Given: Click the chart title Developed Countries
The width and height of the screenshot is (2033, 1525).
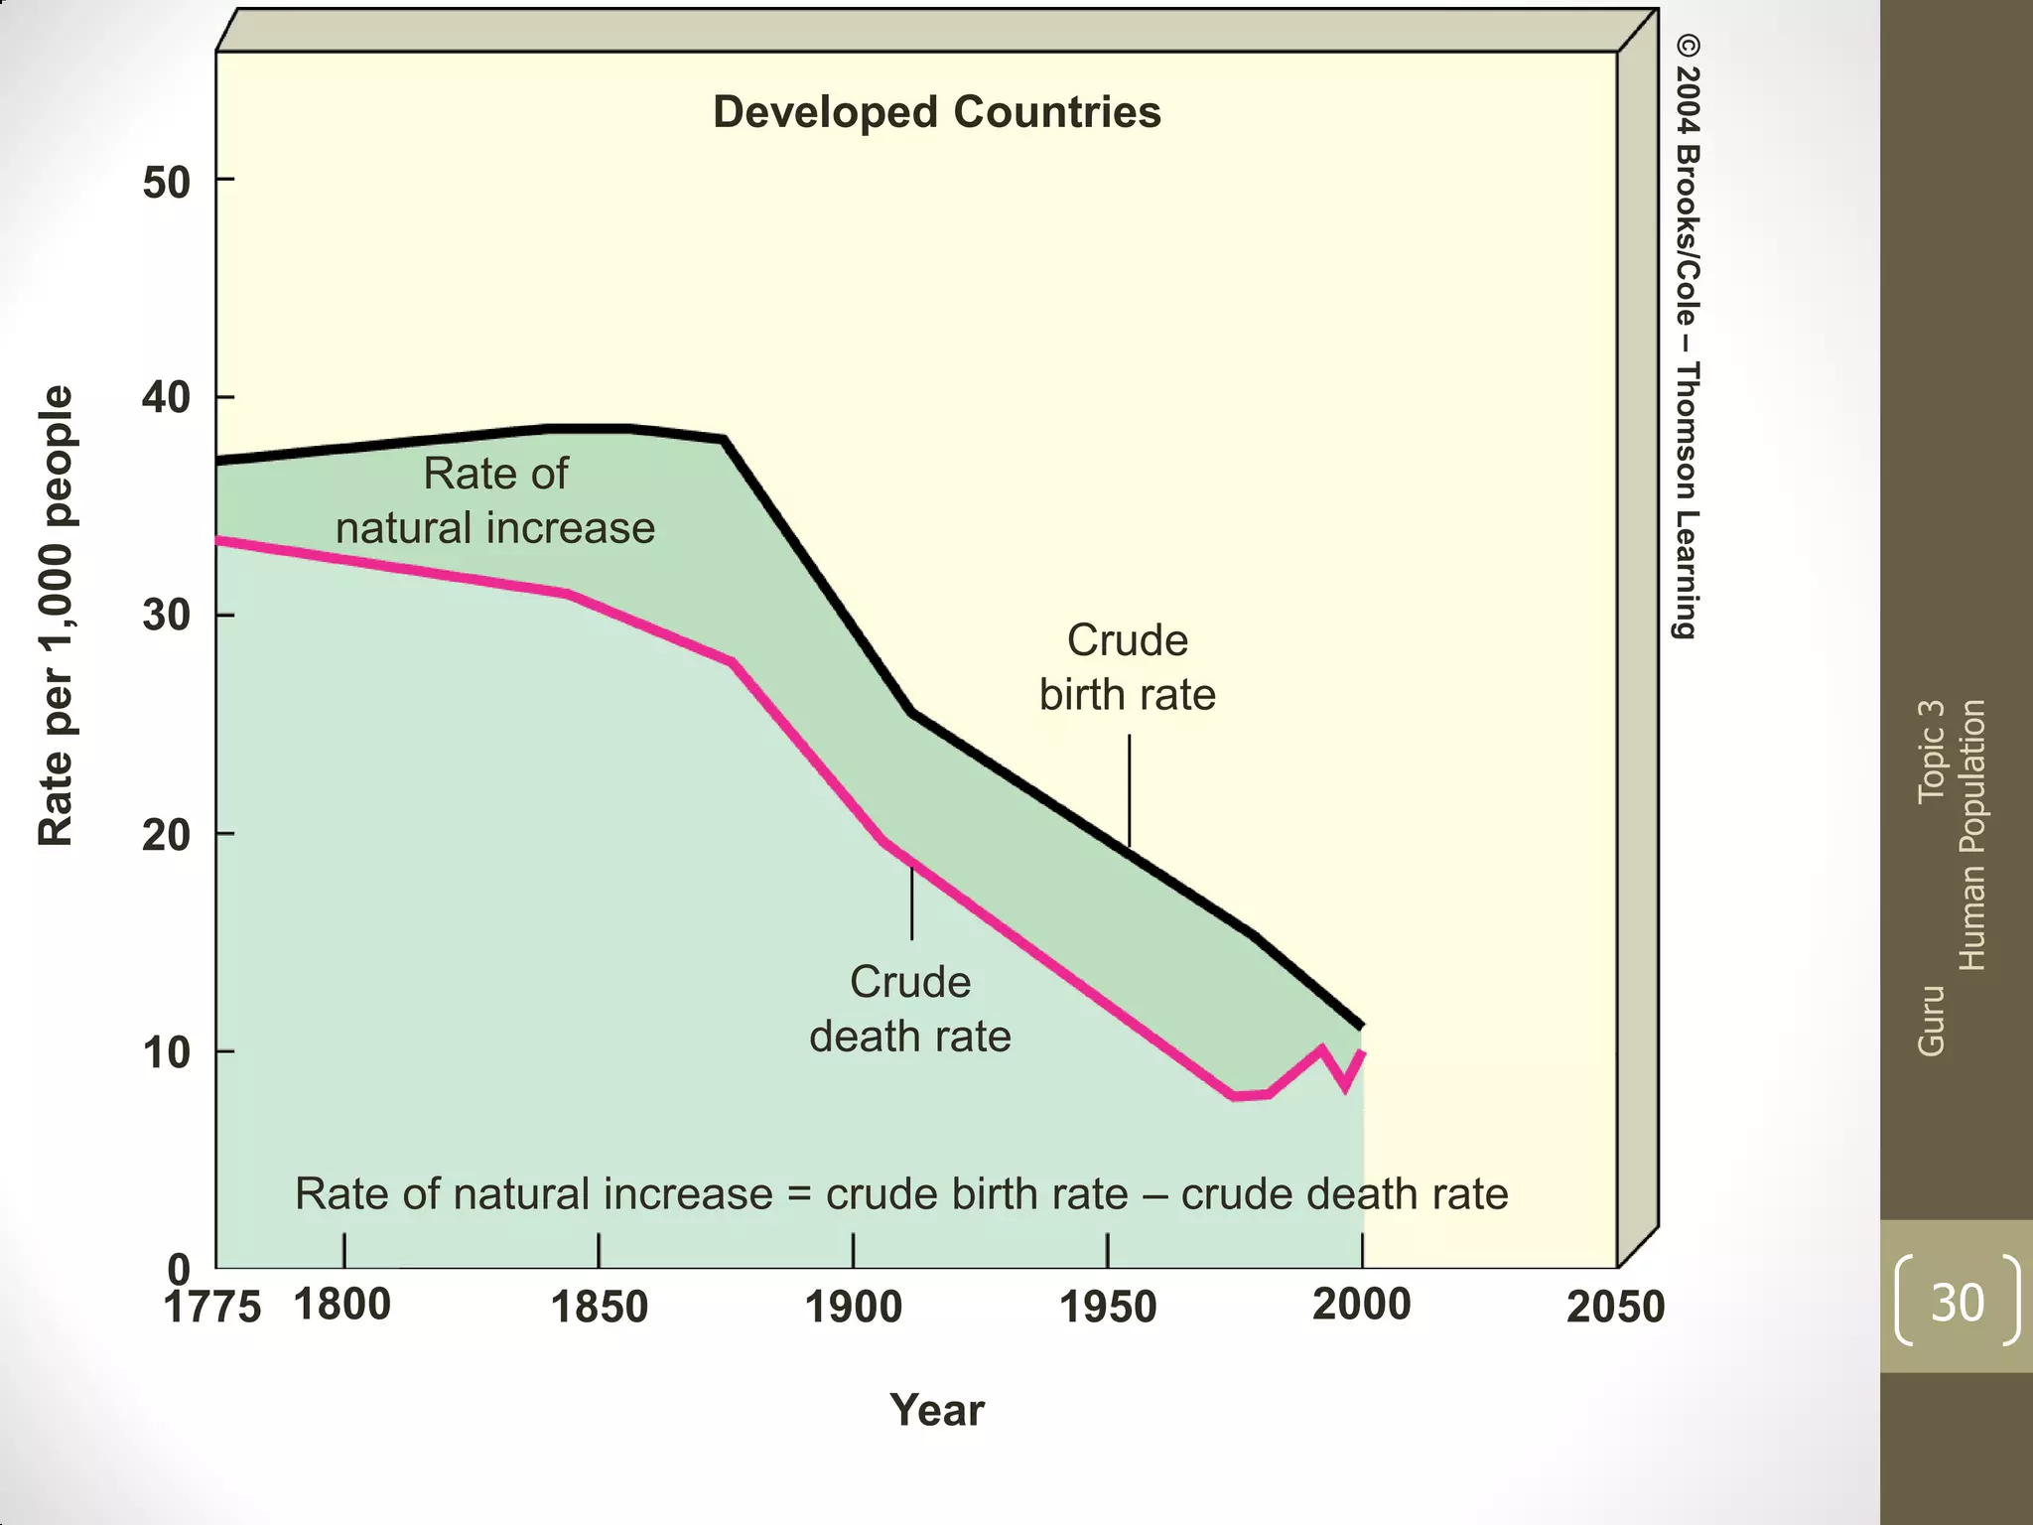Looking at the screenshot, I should pos(936,112).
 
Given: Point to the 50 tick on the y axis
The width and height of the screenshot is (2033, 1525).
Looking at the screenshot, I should pos(167,183).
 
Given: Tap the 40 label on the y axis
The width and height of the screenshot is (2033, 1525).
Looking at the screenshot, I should pos(167,398).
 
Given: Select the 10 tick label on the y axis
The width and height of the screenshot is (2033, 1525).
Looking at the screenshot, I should pos(167,1053).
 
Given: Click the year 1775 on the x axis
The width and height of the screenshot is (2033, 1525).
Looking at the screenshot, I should pos(211,1308).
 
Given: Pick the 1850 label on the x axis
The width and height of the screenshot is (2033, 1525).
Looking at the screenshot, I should pos(599,1307).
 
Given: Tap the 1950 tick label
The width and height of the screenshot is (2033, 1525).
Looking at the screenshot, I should pos(1108,1307).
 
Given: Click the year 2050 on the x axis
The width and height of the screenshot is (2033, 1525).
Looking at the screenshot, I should pos(1615,1307).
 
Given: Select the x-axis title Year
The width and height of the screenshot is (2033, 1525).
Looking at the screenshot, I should pos(936,1410).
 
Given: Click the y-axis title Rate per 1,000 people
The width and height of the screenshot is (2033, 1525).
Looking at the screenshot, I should pos(56,616).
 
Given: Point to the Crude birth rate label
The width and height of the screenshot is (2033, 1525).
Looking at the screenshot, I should pos(1127,667).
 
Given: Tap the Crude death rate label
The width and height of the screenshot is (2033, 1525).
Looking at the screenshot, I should pos(909,1009).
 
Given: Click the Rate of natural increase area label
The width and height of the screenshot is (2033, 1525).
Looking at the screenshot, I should pos(494,500).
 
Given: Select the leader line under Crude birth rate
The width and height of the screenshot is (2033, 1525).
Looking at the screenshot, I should pos(1129,789).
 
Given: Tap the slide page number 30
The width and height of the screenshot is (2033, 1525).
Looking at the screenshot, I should pos(1957,1302).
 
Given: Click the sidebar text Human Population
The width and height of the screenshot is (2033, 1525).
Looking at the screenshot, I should pos(1971,834).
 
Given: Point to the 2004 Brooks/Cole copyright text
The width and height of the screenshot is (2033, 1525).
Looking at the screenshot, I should pos(1687,338).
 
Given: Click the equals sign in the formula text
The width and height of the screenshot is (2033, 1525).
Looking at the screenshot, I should pos(799,1194).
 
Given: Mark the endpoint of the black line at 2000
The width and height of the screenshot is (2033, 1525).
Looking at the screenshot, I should pos(1361,1024).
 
